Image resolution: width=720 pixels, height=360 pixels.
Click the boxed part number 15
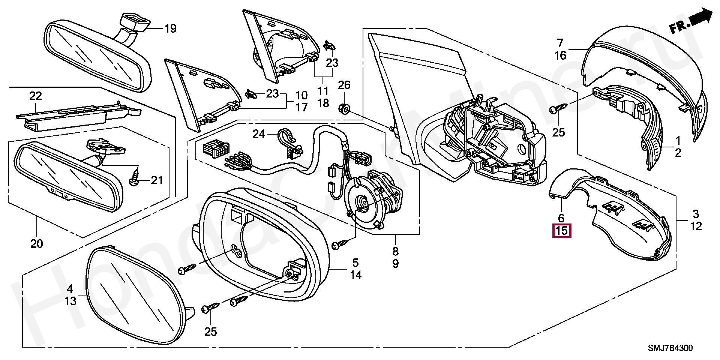click(x=562, y=231)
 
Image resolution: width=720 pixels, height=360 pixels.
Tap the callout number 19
click(x=170, y=28)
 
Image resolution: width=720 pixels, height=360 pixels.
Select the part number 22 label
click(x=36, y=96)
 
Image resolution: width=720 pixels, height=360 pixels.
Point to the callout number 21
click(x=157, y=180)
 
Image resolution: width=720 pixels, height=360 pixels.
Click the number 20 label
click(x=36, y=244)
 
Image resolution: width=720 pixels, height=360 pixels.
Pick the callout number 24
click(x=259, y=134)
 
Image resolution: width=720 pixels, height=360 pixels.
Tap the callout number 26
click(x=344, y=85)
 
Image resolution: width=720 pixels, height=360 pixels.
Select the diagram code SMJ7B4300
click(x=670, y=348)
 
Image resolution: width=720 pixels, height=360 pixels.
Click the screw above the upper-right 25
click(x=556, y=109)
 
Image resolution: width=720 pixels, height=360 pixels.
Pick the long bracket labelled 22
click(x=75, y=116)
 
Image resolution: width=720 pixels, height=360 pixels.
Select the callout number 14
click(x=355, y=275)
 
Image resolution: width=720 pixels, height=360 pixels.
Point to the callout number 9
click(x=396, y=264)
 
